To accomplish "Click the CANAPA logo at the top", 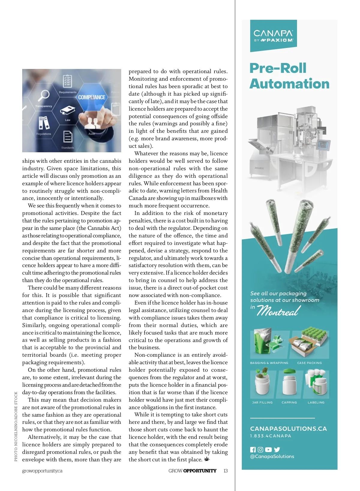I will (x=273, y=36).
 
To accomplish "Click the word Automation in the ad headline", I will (x=289, y=84).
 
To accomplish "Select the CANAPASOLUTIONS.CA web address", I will (x=288, y=429).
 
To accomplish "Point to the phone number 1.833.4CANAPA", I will (x=271, y=436).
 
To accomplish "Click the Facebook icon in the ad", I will (x=253, y=450).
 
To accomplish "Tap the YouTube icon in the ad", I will (x=268, y=450).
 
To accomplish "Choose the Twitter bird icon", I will (x=277, y=450).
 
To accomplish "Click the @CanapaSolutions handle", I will (x=272, y=457).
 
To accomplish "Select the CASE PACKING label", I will (x=309, y=363).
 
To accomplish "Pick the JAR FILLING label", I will (x=262, y=403).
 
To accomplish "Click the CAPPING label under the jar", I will (x=289, y=403).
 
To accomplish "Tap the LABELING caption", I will (x=316, y=403).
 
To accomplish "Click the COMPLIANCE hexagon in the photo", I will (x=92, y=97).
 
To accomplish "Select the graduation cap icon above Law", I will (x=67, y=110).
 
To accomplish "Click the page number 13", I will (x=226, y=471).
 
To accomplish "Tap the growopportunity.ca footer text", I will (x=42, y=471).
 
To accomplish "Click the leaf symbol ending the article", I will (x=207, y=459).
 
